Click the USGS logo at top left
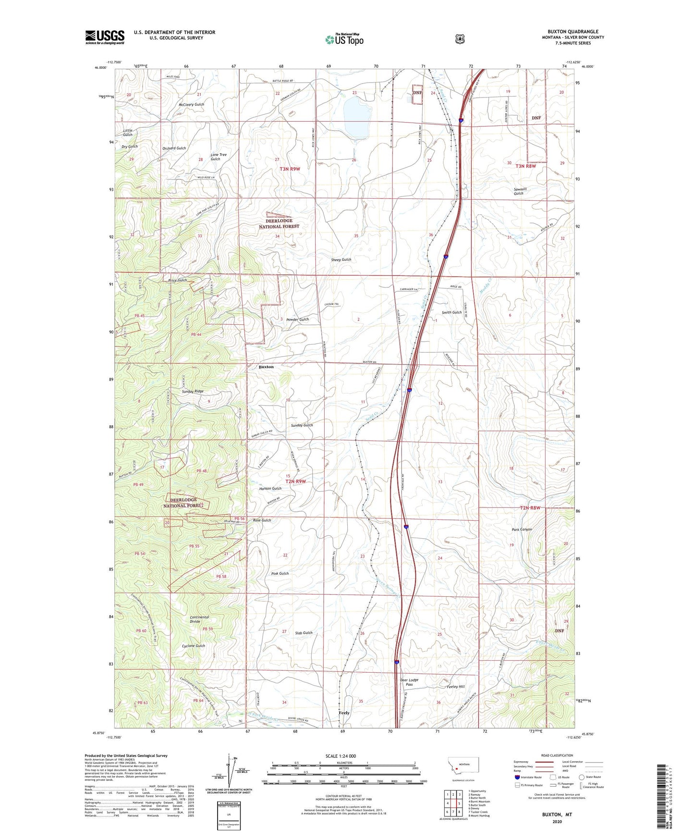tap(105, 37)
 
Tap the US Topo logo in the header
tap(344, 39)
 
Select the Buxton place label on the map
tap(266, 367)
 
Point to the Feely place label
tap(344, 713)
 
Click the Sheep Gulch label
tap(341, 259)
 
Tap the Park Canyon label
tap(522, 529)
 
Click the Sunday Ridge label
tap(192, 391)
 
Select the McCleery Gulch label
tap(191, 104)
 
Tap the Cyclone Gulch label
tap(194, 645)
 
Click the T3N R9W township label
tap(290, 169)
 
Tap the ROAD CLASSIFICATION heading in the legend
tap(557, 755)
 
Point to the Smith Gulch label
tap(451, 312)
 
